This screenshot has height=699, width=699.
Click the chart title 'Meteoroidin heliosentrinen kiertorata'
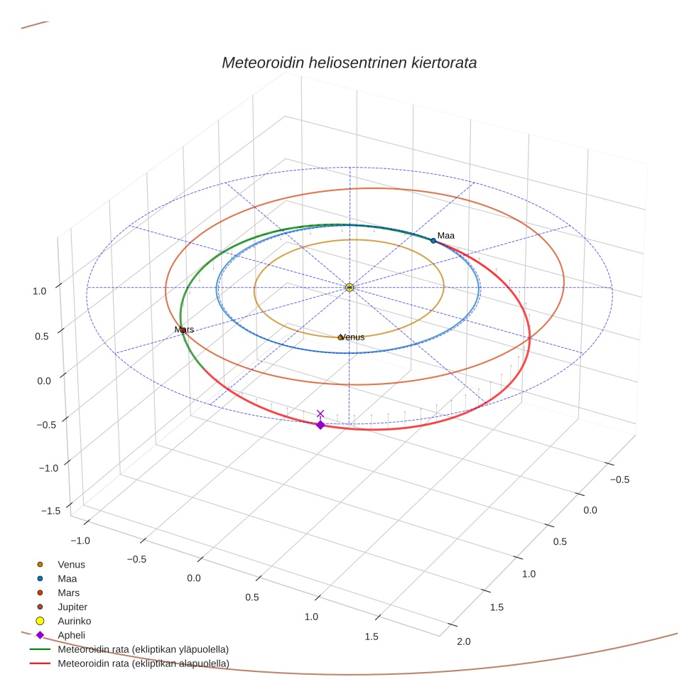pyautogui.click(x=349, y=63)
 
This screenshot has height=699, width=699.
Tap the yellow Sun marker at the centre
pyautogui.click(x=349, y=287)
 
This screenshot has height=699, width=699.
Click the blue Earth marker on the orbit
pyautogui.click(x=433, y=241)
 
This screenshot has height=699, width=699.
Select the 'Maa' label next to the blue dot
pyautogui.click(x=446, y=235)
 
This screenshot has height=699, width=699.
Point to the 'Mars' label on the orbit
pyautogui.click(x=184, y=330)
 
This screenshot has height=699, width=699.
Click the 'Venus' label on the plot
pyautogui.click(x=353, y=337)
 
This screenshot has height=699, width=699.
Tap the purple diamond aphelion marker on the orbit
pyautogui.click(x=320, y=425)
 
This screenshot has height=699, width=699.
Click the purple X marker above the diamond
pyautogui.click(x=320, y=413)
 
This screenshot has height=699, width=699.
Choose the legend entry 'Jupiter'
pyautogui.click(x=71, y=607)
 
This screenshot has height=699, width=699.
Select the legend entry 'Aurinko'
pyautogui.click(x=74, y=621)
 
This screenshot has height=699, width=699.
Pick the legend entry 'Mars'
pyautogui.click(x=68, y=592)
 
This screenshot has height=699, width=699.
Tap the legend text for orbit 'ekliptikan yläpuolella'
pyautogui.click(x=143, y=649)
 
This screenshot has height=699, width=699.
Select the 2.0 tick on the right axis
pyautogui.click(x=463, y=641)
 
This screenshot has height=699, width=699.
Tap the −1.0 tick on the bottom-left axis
pyautogui.click(x=79, y=540)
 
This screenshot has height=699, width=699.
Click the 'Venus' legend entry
pyautogui.click(x=71, y=564)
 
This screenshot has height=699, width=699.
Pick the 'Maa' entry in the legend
pyautogui.click(x=67, y=578)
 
